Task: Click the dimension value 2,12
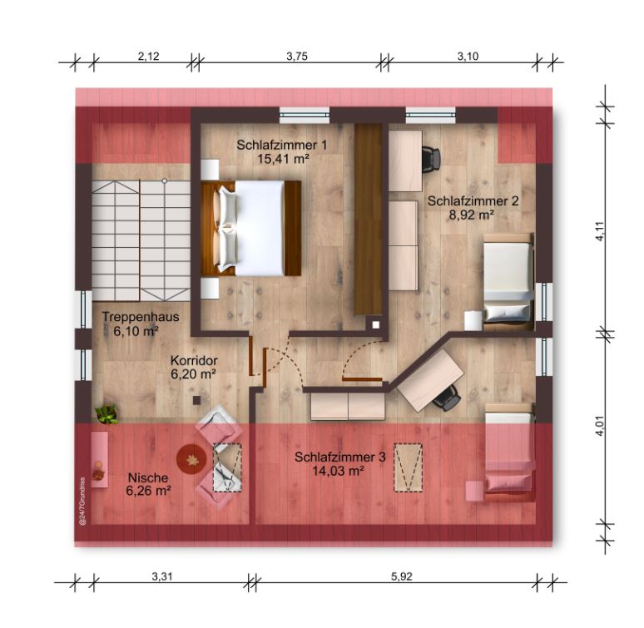pyautogui.click(x=148, y=57)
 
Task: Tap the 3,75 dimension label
pyautogui.click(x=297, y=57)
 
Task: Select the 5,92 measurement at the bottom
pyautogui.click(x=401, y=576)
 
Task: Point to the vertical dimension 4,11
pyautogui.click(x=601, y=231)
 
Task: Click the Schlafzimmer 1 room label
pyautogui.click(x=282, y=145)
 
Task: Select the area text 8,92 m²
pyautogui.click(x=471, y=215)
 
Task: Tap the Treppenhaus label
pyautogui.click(x=141, y=317)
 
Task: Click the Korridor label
pyautogui.click(x=194, y=360)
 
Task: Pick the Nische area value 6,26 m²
pyautogui.click(x=148, y=491)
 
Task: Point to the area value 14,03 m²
pyautogui.click(x=339, y=471)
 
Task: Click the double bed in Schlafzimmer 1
pyautogui.click(x=251, y=228)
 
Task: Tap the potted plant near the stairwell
pyautogui.click(x=107, y=413)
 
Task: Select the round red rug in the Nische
pyautogui.click(x=191, y=459)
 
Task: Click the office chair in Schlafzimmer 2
pyautogui.click(x=431, y=157)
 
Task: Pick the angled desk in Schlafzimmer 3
pyautogui.click(x=430, y=380)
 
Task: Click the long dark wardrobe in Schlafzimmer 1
pyautogui.click(x=369, y=220)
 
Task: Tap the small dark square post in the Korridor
pyautogui.click(x=197, y=400)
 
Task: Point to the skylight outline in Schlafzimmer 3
pyautogui.click(x=409, y=467)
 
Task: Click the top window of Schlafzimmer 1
pyautogui.click(x=305, y=115)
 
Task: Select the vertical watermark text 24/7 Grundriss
pyautogui.click(x=82, y=501)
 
